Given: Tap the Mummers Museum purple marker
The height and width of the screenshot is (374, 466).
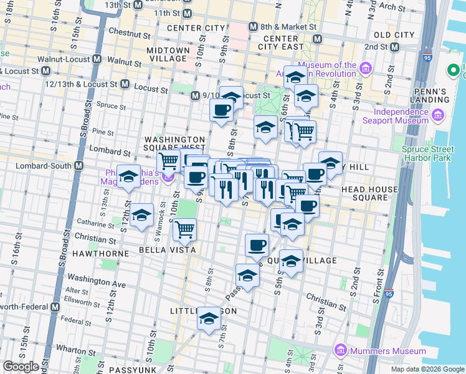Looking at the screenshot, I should click(x=340, y=351).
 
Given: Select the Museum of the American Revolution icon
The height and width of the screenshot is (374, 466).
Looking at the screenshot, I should click(x=365, y=66).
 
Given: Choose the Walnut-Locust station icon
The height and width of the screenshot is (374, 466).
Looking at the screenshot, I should click(x=97, y=60).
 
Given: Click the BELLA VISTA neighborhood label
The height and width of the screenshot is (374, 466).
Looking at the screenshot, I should click(x=171, y=250).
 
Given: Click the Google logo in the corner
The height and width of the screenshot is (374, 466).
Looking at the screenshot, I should click(x=21, y=367).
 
